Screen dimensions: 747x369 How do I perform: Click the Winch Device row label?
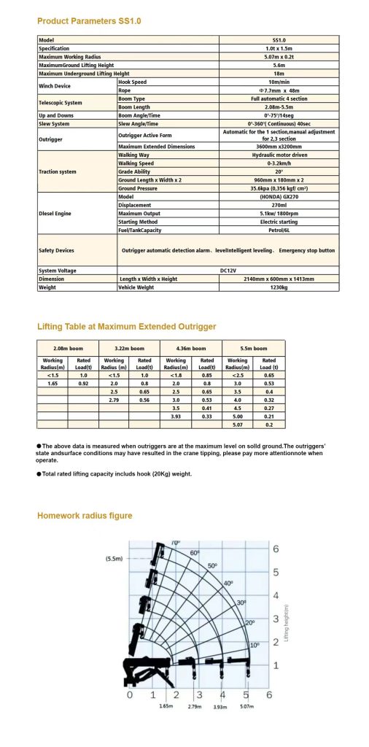(x=58, y=86)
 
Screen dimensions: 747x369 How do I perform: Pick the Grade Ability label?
(x=135, y=171)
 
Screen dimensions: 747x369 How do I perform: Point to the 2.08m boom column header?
(x=68, y=348)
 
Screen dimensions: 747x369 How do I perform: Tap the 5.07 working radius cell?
(x=238, y=423)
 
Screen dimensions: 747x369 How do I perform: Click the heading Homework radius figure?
(x=85, y=516)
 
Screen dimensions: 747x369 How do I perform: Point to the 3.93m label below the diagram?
(x=220, y=707)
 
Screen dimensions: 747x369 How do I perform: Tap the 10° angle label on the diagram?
(x=255, y=646)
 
